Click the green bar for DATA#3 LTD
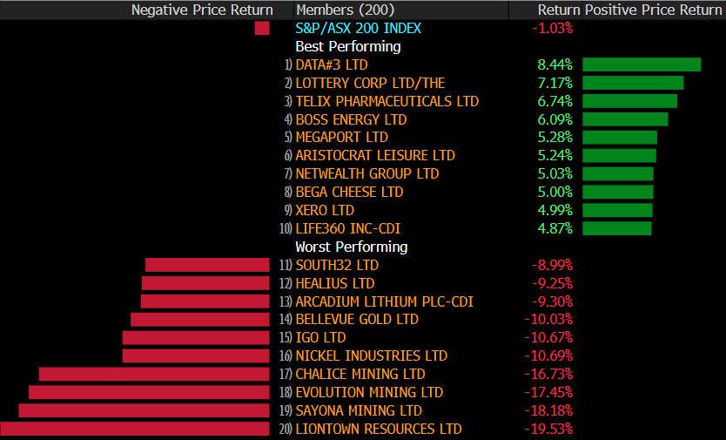pos(642,64)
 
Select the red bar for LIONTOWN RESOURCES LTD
pos(135,429)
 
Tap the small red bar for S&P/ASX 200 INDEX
pos(262,28)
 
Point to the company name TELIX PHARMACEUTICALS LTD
pos(387,101)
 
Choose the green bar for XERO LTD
pos(617,210)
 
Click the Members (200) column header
pos(345,10)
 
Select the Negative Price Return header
pos(202,10)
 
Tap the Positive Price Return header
pos(654,10)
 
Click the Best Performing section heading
pos(347,46)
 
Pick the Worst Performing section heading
pos(351,247)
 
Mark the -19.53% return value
pos(548,429)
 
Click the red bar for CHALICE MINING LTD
pos(155,374)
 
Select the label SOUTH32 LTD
pos(337,265)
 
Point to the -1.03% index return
pos(552,28)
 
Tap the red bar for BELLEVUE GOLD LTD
pos(200,320)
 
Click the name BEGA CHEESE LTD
pos(349,192)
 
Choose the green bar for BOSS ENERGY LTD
pos(625,119)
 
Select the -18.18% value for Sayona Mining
pos(548,410)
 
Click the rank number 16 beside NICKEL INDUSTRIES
pos(286,356)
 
